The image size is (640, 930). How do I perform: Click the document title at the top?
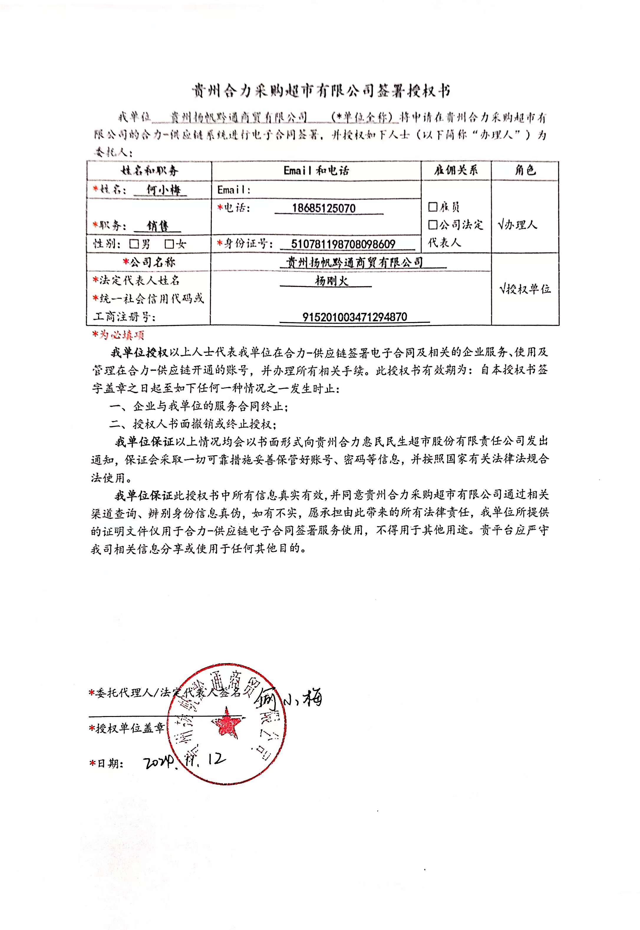pyautogui.click(x=321, y=91)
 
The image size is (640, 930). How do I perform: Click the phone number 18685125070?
pyautogui.click(x=324, y=208)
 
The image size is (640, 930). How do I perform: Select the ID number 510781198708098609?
pyautogui.click(x=343, y=244)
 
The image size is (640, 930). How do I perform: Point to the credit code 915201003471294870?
pyautogui.click(x=354, y=317)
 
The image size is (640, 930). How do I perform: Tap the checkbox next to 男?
pyautogui.click(x=134, y=244)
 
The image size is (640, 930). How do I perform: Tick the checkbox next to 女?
pyautogui.click(x=170, y=244)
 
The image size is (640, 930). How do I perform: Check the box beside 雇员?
pyautogui.click(x=433, y=207)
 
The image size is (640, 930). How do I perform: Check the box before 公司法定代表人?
pyautogui.click(x=433, y=225)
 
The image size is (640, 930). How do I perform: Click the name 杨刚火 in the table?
pyautogui.click(x=331, y=281)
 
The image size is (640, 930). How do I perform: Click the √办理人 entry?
pyautogui.click(x=517, y=225)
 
